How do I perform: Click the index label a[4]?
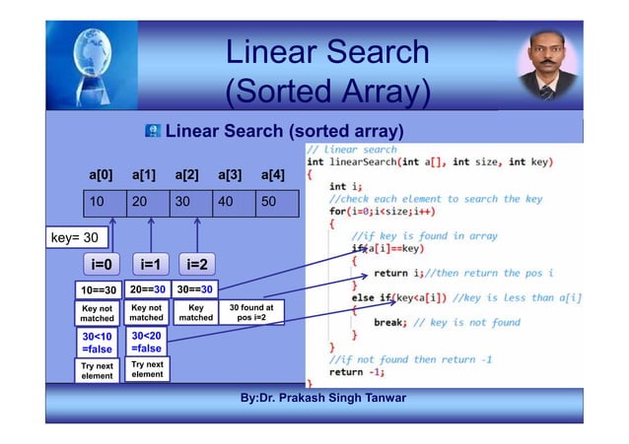click(x=273, y=175)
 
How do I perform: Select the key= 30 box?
click(x=76, y=238)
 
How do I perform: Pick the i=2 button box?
click(x=197, y=265)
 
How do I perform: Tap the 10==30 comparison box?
click(x=99, y=290)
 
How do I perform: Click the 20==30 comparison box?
click(x=147, y=290)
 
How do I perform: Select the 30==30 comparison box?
click(x=194, y=290)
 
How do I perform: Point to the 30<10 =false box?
click(x=99, y=342)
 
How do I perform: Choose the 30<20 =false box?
click(x=147, y=342)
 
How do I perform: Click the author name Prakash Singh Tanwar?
click(x=338, y=398)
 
